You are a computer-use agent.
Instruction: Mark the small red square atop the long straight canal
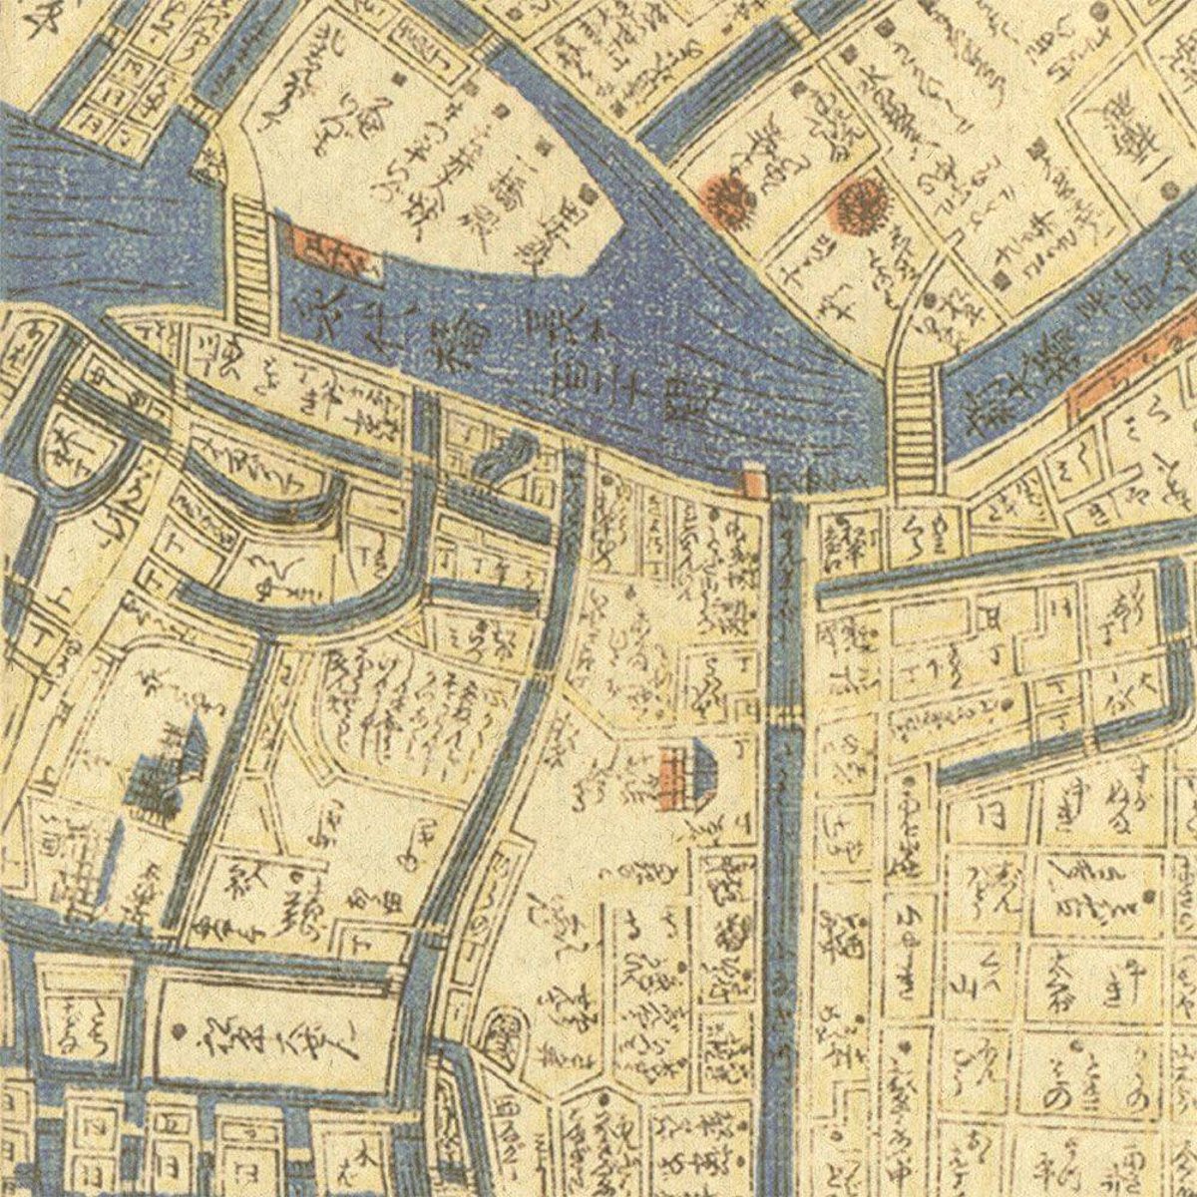753,484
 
